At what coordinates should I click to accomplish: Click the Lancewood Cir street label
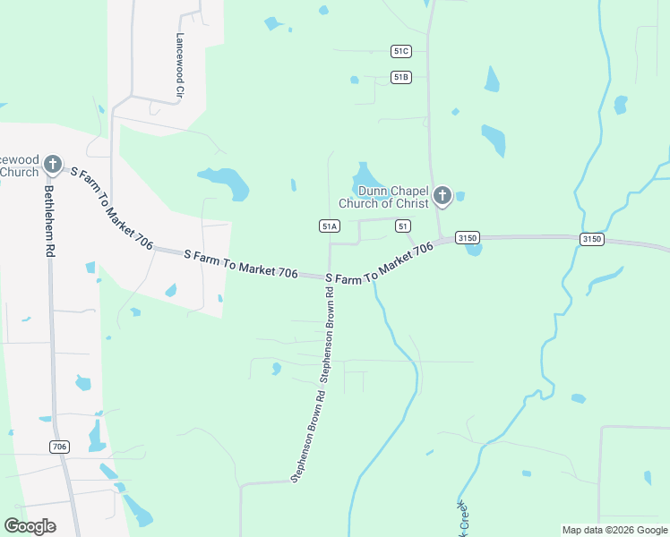180,65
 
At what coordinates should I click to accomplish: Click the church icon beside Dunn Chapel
442,195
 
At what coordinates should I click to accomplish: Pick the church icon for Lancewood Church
53,164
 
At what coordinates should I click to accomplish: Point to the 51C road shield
400,52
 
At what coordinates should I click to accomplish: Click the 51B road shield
400,78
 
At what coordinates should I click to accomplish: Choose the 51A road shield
329,226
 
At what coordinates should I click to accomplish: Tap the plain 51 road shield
402,226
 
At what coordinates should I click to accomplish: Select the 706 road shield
60,446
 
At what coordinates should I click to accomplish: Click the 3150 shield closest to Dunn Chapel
467,237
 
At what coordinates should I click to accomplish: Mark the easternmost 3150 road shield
590,239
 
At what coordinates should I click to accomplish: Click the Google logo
30,526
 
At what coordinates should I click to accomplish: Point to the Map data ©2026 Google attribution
614,530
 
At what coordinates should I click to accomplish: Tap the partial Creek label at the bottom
463,519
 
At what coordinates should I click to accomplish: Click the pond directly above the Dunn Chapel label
364,172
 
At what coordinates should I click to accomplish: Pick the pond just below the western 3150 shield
474,250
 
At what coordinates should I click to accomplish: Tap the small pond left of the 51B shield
355,80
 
